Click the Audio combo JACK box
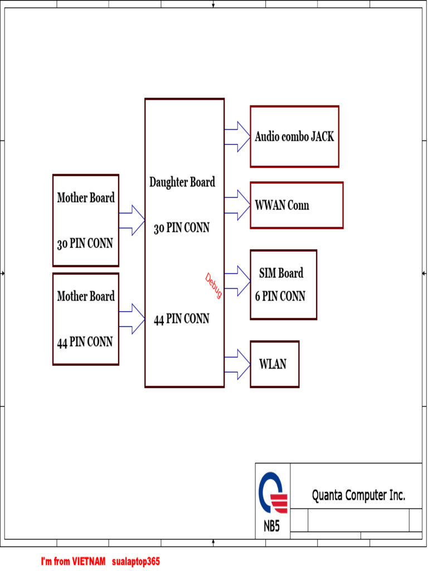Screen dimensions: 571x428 click(294, 137)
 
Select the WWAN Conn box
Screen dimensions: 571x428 click(296, 205)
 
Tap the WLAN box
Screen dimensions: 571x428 click(274, 364)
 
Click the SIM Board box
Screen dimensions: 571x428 click(283, 285)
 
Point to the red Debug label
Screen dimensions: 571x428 click(213, 285)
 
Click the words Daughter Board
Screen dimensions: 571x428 click(182, 182)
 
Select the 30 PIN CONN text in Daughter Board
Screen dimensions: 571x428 click(182, 228)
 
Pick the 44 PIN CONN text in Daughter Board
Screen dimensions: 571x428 click(182, 319)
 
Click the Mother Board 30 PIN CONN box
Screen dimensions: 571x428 click(86, 221)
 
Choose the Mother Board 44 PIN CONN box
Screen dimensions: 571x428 click(86, 319)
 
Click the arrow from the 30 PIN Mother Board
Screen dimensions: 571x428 click(132, 220)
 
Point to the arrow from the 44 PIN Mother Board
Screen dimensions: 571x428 click(132, 319)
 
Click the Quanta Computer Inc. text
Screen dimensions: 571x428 click(358, 495)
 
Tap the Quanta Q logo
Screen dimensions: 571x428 click(273, 492)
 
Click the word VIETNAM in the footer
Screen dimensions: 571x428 click(89, 561)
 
